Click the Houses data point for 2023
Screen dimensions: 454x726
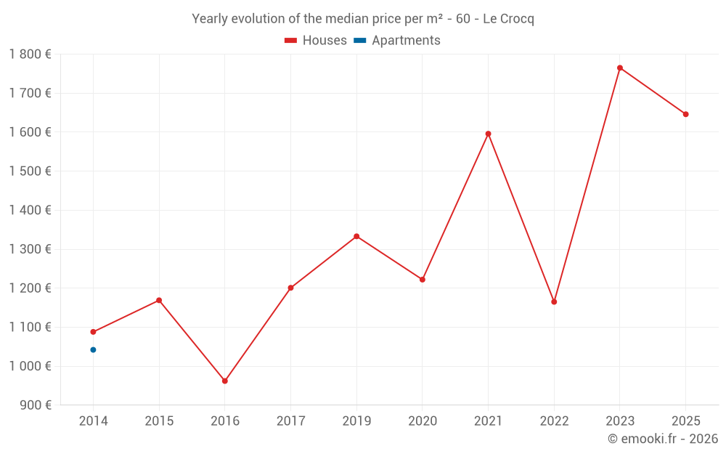tap(620, 68)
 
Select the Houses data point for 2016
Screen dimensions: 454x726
tap(225, 381)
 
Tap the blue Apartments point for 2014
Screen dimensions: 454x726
tap(93, 350)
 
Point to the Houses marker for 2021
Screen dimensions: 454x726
tap(488, 134)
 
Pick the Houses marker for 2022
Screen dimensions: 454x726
tap(554, 301)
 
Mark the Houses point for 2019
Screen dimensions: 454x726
tap(356, 236)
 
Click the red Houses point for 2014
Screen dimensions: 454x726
tap(93, 332)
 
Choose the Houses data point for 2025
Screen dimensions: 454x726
tap(685, 114)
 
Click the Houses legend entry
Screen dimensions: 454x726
tap(316, 41)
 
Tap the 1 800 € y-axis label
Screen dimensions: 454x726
tap(30, 54)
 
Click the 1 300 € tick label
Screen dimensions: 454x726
tap(30, 249)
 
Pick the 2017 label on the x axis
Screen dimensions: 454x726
tap(290, 421)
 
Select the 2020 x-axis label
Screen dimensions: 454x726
tap(423, 421)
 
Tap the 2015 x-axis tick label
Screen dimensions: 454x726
tap(159, 421)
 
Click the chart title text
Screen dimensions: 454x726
tap(363, 19)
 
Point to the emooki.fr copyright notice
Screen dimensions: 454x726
tap(663, 439)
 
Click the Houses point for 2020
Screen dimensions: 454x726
tap(423, 280)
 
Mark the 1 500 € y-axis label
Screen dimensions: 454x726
tap(30, 171)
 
